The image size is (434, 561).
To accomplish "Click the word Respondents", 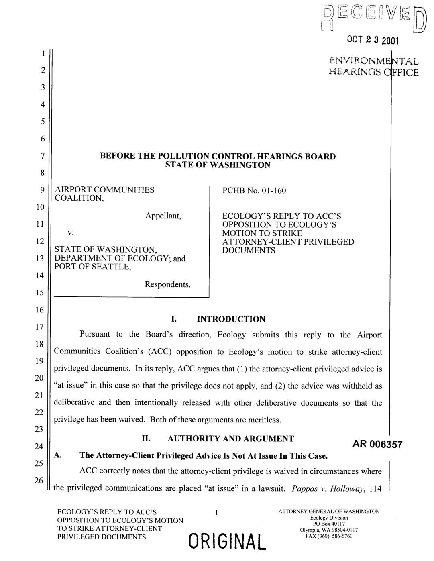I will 167,284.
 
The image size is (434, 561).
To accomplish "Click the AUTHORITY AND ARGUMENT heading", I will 230,439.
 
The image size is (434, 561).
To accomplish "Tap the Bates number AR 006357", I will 377,444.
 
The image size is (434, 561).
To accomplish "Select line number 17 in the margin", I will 39,327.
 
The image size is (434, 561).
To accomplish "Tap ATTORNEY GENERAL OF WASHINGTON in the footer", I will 329,512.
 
